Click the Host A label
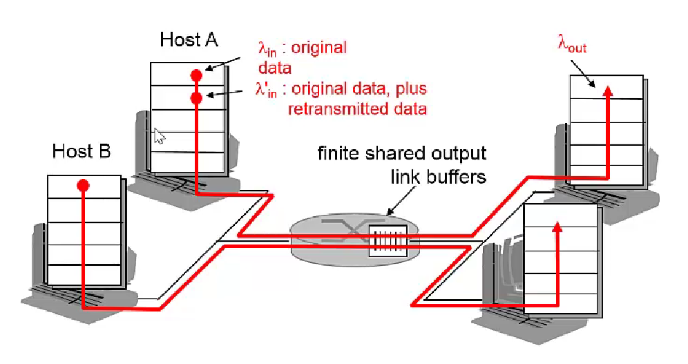tap(189, 39)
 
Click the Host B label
tap(82, 150)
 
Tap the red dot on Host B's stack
tap(83, 185)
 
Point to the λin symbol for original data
tap(267, 49)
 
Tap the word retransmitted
tap(332, 108)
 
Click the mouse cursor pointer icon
tap(159, 135)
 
